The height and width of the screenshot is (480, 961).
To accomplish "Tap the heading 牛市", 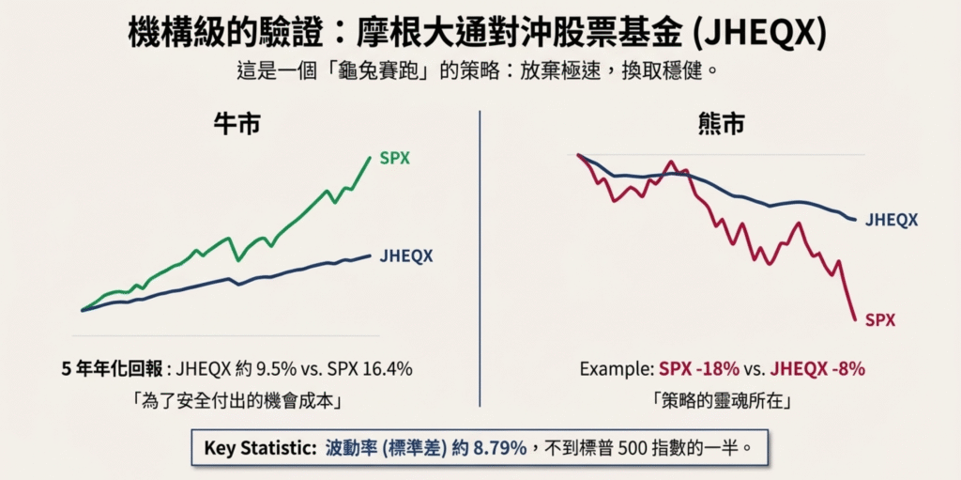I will pyautogui.click(x=236, y=125).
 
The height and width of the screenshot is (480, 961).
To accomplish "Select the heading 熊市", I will pyautogui.click(x=720, y=125).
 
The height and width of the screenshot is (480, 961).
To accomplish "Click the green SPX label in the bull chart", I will pyautogui.click(x=395, y=159).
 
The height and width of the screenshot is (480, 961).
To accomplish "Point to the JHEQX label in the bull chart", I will pyautogui.click(x=406, y=256).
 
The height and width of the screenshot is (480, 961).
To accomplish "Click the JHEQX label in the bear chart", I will pyautogui.click(x=891, y=220).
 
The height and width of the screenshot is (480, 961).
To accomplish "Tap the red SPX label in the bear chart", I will pyautogui.click(x=880, y=320).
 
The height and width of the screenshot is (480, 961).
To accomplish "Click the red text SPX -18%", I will pyautogui.click(x=699, y=369).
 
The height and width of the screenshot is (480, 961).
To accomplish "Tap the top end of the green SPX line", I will pyautogui.click(x=371, y=158).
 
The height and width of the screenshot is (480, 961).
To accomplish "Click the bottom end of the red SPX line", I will pyautogui.click(x=855, y=319).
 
